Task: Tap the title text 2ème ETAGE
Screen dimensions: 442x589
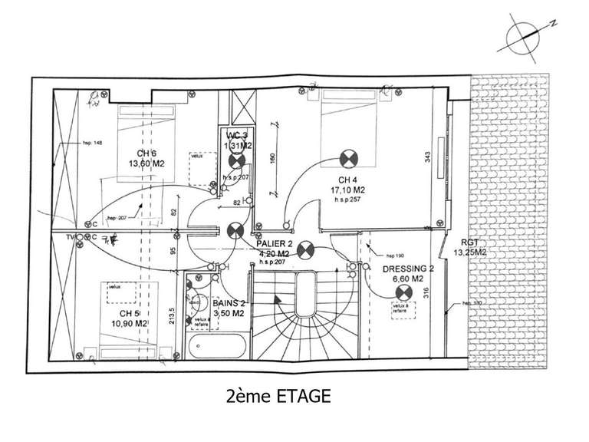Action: pyautogui.click(x=278, y=396)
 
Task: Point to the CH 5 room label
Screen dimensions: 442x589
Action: pyautogui.click(x=129, y=313)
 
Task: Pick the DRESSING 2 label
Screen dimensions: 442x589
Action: pyautogui.click(x=408, y=269)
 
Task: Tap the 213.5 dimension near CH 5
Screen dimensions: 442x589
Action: pyautogui.click(x=173, y=315)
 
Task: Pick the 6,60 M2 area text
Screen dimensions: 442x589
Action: pyautogui.click(x=407, y=280)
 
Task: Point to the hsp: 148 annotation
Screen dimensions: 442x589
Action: pyautogui.click(x=94, y=143)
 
